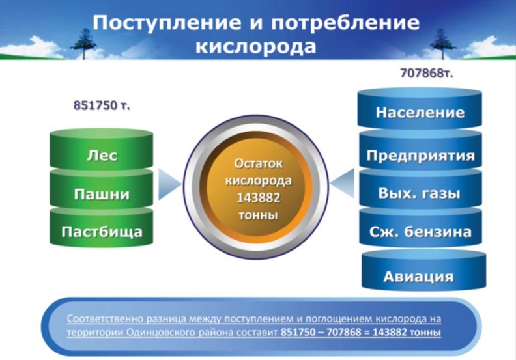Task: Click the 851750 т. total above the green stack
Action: (x=102, y=105)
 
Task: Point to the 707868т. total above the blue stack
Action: (x=427, y=73)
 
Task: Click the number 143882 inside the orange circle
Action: (x=259, y=198)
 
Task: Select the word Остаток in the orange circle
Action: (x=259, y=163)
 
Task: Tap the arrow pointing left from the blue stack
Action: (x=342, y=184)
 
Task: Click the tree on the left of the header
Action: (x=83, y=44)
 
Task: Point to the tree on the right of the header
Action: (x=442, y=44)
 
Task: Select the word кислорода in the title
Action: (x=256, y=46)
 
